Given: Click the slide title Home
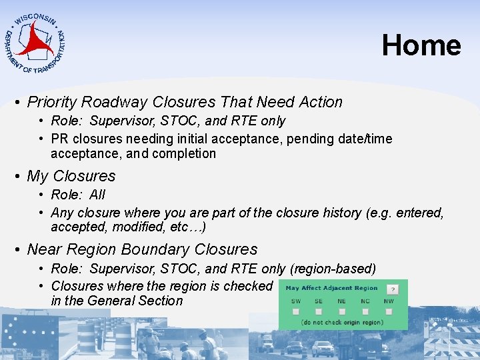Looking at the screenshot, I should pos(421,45).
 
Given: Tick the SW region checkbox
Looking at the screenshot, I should pos(296,311).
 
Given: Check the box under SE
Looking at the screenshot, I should pos(319,311).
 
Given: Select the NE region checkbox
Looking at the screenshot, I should pos(341,311).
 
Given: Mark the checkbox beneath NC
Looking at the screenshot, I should pos(365,311).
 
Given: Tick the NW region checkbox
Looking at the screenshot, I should pos(389,311).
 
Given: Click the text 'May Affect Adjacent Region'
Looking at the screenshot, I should pos(331,289).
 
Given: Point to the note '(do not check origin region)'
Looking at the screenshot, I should pos(343,323).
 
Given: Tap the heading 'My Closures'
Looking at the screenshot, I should pos(71,176).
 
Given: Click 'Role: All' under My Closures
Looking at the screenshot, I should pos(78,195).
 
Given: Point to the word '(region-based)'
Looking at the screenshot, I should pos(333,269).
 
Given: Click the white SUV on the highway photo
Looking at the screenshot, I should pos(323,349).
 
